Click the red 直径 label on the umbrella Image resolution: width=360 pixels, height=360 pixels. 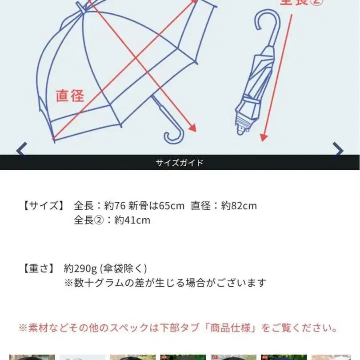(70, 96)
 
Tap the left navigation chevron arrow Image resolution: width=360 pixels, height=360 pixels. (22, 150)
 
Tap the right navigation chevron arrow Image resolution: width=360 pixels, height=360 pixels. (338, 150)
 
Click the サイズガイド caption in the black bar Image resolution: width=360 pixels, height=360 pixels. (180, 163)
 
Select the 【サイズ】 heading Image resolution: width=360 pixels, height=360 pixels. (44, 205)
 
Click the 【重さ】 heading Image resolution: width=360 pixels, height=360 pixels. (39, 268)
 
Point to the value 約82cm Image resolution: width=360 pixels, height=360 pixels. (239, 206)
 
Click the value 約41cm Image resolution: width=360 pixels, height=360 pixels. (132, 220)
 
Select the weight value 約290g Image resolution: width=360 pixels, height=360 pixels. (80, 268)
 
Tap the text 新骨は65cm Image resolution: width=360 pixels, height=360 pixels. (156, 206)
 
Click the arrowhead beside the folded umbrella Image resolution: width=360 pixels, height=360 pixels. (264, 137)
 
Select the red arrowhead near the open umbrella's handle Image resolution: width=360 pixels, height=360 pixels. (192, 128)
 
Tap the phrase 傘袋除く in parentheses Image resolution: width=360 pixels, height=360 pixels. (124, 268)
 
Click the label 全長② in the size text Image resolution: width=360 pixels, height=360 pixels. (89, 220)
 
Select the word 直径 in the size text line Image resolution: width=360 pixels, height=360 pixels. (200, 206)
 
